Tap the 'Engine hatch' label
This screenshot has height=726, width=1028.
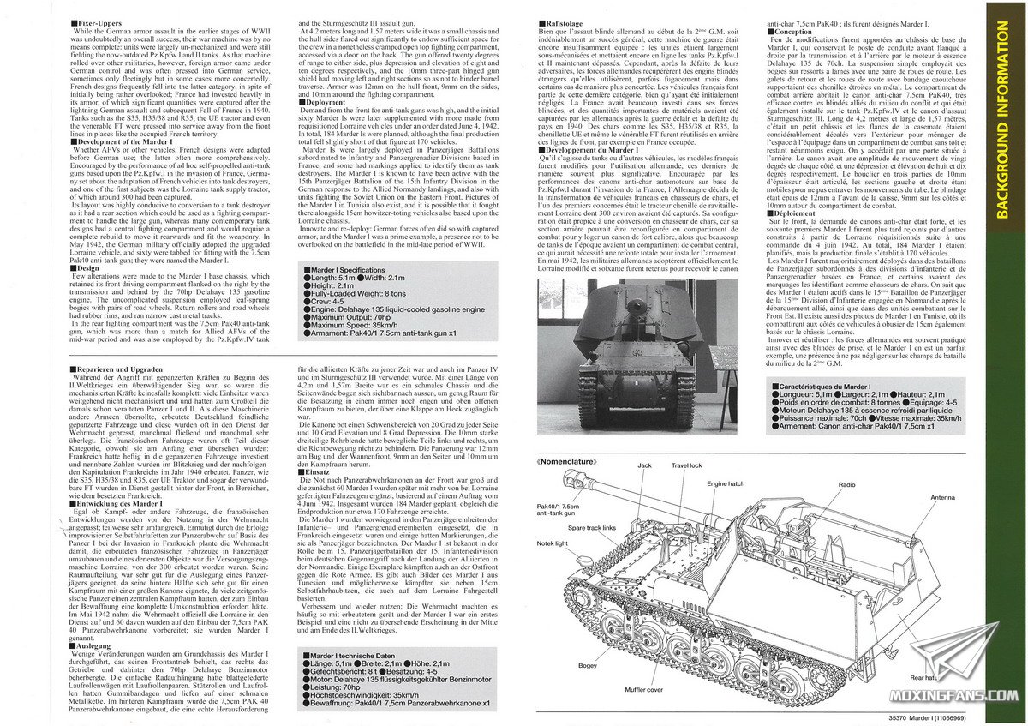click(726, 484)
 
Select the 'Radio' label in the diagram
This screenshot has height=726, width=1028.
click(847, 484)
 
